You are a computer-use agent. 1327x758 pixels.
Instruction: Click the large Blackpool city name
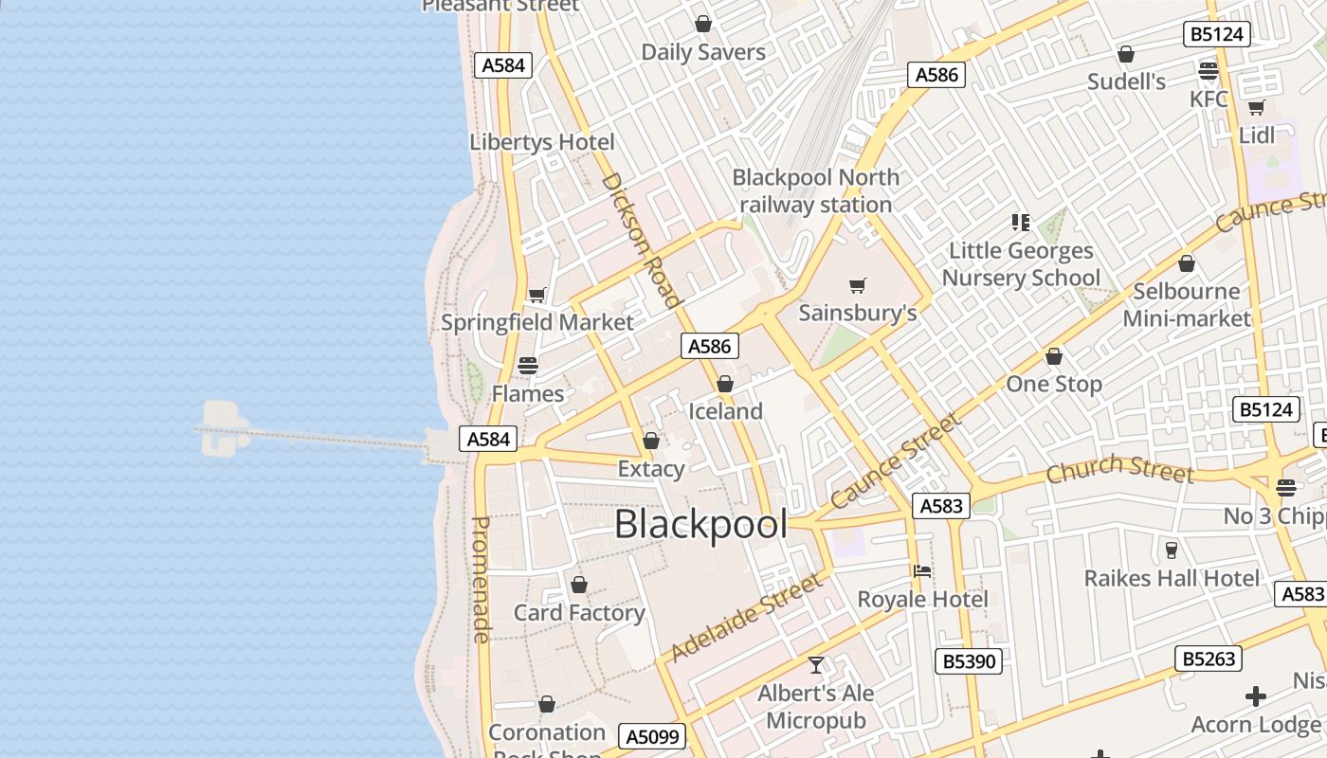700,524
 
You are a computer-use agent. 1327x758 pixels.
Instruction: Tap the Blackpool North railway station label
815,190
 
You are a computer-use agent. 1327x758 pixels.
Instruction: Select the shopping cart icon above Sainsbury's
858,285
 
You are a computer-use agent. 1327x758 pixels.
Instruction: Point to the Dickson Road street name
642,241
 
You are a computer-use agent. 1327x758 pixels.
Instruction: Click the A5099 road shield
652,736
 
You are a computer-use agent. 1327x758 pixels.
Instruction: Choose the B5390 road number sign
968,660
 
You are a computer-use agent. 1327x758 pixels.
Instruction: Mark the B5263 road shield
1209,658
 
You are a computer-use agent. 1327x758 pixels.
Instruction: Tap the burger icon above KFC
1208,71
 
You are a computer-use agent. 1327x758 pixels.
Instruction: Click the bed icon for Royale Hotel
922,571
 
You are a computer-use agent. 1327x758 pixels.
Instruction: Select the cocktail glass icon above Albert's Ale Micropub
816,665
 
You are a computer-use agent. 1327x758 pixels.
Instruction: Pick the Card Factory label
579,612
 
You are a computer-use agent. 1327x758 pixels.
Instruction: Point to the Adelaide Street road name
747,618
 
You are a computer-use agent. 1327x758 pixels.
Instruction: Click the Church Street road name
1119,468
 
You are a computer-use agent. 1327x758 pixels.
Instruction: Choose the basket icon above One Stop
1053,357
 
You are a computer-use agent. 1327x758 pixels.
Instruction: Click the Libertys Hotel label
542,142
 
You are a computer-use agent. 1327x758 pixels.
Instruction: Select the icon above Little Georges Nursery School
1020,223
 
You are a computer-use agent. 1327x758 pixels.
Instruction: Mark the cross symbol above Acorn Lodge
1256,697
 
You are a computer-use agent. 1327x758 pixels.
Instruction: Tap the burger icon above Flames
528,366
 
